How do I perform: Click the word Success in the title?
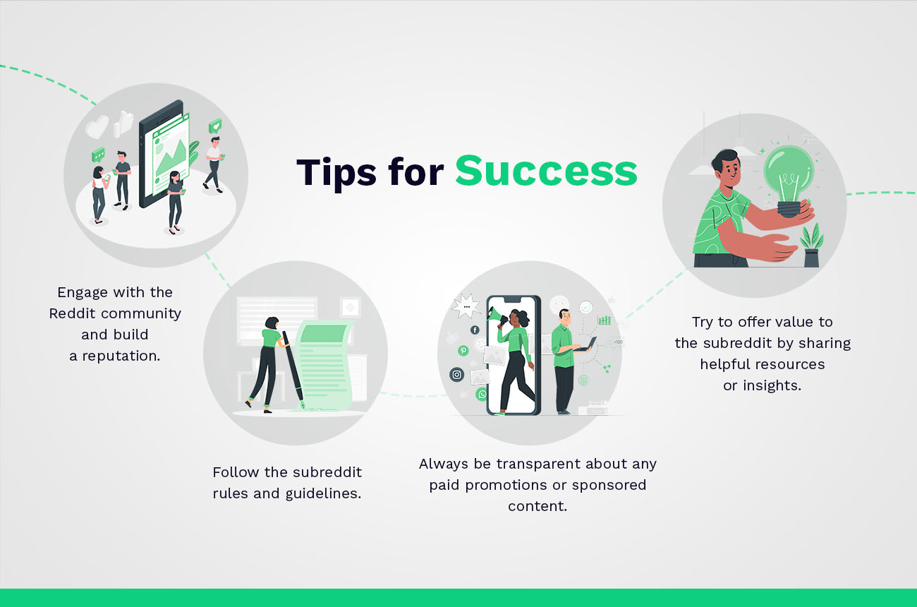(546, 172)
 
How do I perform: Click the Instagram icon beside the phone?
(456, 375)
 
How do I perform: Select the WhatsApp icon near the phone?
(482, 394)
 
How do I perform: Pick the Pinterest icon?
(463, 350)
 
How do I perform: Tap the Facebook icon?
(475, 330)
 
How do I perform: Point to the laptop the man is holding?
(585, 345)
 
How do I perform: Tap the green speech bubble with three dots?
(98, 155)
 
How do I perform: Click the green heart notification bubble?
(214, 126)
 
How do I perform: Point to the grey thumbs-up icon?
(125, 123)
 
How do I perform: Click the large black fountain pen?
(293, 371)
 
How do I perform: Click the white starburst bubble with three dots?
(466, 306)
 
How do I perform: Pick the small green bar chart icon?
(605, 320)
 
